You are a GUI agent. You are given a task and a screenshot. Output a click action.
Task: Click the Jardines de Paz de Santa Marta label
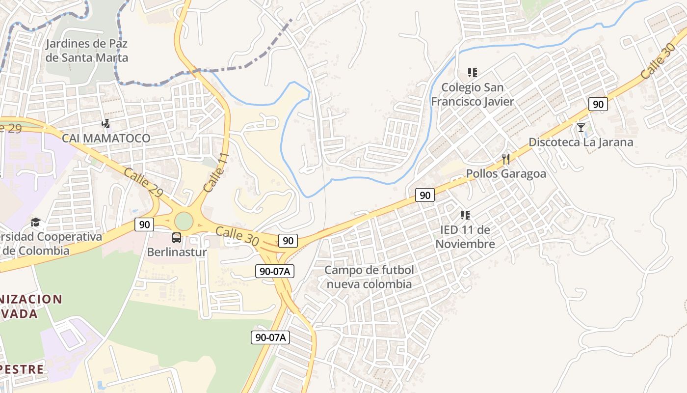point(86,51)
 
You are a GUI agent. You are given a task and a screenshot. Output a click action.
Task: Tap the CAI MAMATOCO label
point(106,139)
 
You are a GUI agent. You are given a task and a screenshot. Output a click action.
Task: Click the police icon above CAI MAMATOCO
point(106,123)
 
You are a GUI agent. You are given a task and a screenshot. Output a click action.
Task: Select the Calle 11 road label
point(216,172)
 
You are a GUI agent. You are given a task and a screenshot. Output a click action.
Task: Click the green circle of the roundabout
point(184,221)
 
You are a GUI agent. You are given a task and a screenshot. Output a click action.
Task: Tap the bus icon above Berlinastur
point(177,238)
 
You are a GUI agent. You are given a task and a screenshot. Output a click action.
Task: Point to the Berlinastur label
point(177,253)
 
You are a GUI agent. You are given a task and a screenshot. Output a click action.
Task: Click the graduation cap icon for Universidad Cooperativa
point(35,223)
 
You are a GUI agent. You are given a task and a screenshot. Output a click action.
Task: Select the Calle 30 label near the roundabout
point(237,236)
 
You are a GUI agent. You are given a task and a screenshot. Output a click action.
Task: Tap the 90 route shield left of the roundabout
point(144,225)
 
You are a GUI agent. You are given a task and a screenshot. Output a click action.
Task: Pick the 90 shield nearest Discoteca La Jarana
point(598,104)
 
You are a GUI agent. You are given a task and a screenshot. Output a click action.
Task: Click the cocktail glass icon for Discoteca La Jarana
point(581,128)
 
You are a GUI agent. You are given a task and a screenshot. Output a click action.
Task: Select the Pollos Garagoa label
point(506,173)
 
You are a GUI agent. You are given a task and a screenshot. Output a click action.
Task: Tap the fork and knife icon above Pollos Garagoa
point(506,159)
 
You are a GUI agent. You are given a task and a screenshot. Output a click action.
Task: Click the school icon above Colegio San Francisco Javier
point(472,73)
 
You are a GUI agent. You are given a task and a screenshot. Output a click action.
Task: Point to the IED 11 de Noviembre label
point(465,237)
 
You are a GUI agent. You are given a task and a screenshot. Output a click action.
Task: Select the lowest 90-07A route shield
point(270,337)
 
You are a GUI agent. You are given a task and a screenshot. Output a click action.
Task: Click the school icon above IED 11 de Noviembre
point(465,215)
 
